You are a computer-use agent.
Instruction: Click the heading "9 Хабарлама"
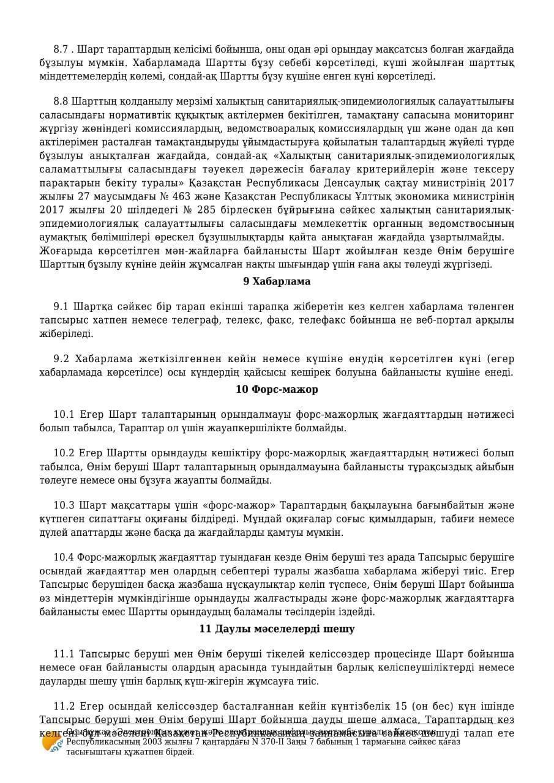(277, 281)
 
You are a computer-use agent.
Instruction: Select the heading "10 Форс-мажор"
(277, 389)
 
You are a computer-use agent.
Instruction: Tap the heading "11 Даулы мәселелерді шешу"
(277, 629)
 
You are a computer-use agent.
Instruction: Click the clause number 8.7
(61, 50)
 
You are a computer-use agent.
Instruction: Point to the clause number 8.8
(61, 101)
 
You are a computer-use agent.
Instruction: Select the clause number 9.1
(61, 306)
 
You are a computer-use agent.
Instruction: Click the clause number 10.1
(64, 415)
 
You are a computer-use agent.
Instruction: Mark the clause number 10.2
(64, 453)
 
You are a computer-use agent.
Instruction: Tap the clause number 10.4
(64, 557)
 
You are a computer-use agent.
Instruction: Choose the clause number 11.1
(64, 654)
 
